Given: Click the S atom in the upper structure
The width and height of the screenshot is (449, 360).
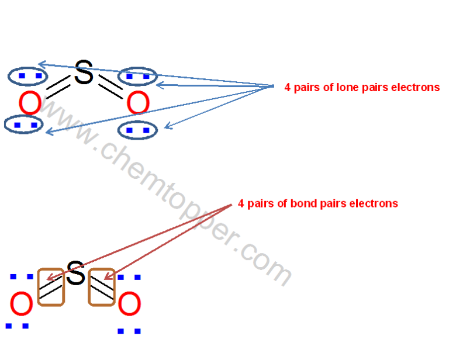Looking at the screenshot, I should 84,74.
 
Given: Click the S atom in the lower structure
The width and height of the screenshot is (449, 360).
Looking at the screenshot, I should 75,274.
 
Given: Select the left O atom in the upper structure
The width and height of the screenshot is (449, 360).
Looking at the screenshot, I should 30,105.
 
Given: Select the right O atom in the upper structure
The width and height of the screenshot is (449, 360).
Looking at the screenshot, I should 138,105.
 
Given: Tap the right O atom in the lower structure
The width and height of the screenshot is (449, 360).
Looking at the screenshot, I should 129,306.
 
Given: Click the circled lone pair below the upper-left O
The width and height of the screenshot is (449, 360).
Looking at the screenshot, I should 23,124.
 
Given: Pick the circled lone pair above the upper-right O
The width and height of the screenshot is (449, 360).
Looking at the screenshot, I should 138,76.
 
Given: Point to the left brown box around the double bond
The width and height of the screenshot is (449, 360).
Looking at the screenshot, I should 51,287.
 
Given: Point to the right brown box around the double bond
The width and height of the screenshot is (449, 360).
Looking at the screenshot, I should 101,287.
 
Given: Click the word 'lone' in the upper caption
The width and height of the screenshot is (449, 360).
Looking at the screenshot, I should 333,88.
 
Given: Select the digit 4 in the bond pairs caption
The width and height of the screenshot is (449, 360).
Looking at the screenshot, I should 241,204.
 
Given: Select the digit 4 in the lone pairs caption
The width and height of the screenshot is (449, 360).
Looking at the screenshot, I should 288,88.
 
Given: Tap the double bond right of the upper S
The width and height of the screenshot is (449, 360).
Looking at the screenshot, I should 111,86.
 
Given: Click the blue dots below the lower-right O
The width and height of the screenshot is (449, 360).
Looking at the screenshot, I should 129,331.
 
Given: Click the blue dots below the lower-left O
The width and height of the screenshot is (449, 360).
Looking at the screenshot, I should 17,326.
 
